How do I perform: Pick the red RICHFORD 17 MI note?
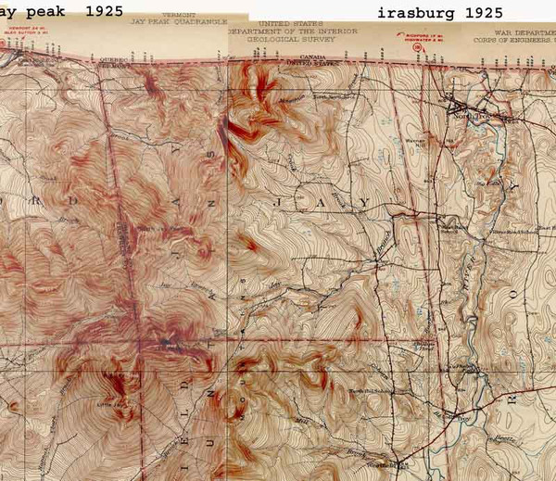[x=406, y=41]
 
